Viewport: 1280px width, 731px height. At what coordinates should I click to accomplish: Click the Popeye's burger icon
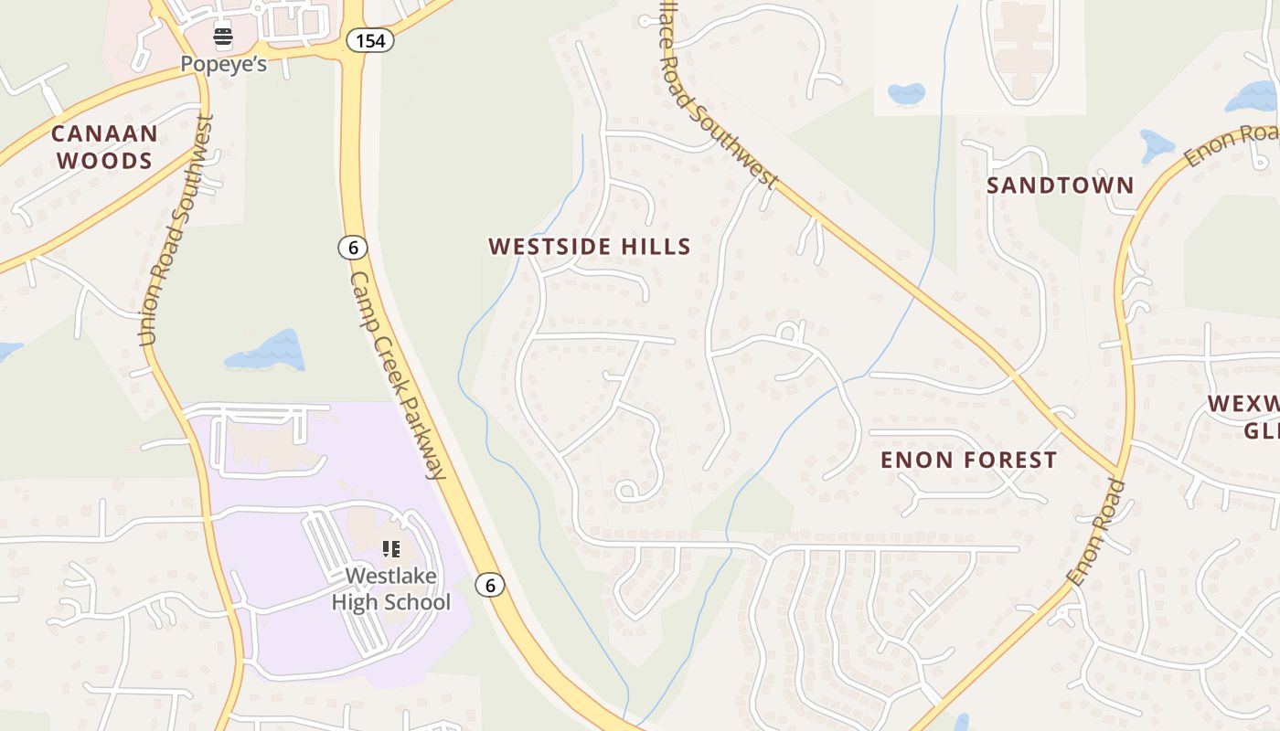point(223,37)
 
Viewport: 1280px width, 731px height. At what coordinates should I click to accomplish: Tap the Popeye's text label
point(223,64)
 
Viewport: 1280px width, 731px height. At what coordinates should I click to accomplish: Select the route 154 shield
point(370,40)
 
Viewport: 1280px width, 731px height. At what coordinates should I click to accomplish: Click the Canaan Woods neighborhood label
point(104,147)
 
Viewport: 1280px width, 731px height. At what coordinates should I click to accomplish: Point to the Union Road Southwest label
point(177,230)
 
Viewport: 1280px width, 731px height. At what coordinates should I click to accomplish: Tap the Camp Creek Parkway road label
point(398,375)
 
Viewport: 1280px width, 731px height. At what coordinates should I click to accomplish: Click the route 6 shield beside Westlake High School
point(491,585)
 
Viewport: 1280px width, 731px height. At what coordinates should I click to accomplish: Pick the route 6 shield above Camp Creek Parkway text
point(352,247)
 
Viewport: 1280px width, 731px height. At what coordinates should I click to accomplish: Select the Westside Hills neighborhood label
point(590,247)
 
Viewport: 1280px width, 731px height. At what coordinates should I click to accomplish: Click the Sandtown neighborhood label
point(1060,185)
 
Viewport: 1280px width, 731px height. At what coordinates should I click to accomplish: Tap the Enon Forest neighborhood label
point(968,460)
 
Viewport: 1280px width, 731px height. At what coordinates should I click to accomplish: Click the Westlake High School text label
point(390,589)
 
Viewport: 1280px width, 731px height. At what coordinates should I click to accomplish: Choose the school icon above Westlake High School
point(391,549)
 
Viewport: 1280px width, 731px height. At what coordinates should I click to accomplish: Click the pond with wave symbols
point(267,352)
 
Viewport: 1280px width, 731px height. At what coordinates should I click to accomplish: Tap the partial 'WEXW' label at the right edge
point(1243,417)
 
